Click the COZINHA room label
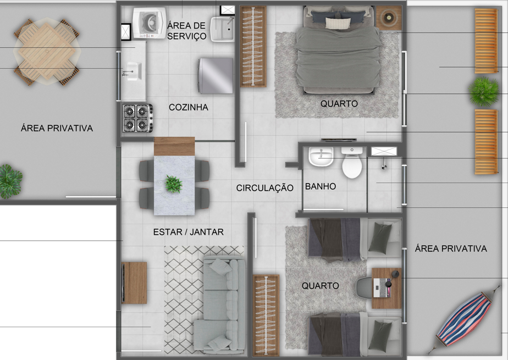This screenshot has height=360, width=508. tap(188, 107)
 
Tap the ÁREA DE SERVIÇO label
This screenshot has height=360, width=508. tap(187, 30)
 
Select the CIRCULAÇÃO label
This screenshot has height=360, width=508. tap(264, 188)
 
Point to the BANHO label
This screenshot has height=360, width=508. tap(321, 186)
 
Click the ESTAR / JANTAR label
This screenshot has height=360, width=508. tap(188, 232)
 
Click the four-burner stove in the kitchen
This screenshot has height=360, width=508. tap(137, 118)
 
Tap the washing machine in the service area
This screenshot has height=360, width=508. tap(150, 23)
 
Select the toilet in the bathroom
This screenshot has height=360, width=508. tap(352, 163)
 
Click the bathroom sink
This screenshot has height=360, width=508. tap(321, 157)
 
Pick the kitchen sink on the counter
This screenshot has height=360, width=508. tap(133, 71)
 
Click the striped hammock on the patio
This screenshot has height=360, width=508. tap(465, 319)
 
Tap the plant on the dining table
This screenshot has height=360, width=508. tap(174, 184)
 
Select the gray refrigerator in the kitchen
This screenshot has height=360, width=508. tap(216, 76)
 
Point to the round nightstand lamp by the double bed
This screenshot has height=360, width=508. tap(389, 18)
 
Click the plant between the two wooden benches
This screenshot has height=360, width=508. tap(484, 92)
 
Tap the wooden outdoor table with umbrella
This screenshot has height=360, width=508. tap(47, 52)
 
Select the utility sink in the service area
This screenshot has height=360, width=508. tap(222, 29)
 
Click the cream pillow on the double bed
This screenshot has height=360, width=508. tap(338, 23)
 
